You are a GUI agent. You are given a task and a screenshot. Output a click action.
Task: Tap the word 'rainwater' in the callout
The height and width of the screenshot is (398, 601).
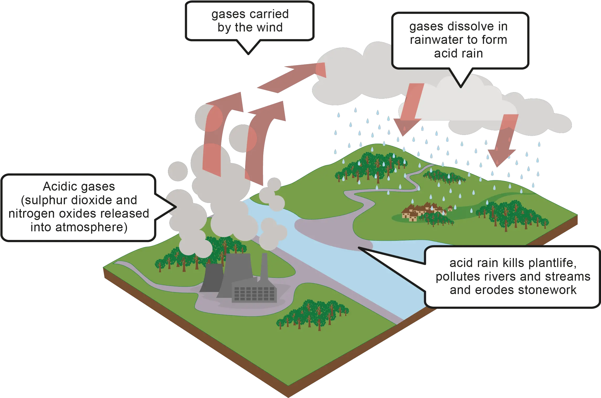pyautogui.click(x=437, y=40)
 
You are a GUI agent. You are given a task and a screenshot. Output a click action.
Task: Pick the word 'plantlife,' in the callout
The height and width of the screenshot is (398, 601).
pyautogui.click(x=552, y=263)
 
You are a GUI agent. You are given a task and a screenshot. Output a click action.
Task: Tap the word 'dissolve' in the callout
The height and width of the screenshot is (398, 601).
pyautogui.click(x=473, y=27)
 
